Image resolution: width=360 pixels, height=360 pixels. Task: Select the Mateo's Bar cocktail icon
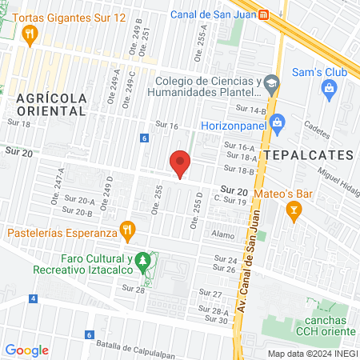[x=294, y=210]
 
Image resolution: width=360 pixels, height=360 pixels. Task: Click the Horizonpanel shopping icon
[x=278, y=123]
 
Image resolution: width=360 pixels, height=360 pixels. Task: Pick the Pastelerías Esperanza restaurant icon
[x=126, y=231]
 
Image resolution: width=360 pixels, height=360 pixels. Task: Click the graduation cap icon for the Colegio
[x=272, y=83]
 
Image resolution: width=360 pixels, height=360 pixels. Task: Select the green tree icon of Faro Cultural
[x=142, y=261]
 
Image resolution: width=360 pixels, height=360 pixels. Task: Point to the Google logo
[x=27, y=350]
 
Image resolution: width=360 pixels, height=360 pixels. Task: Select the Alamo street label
[x=223, y=235]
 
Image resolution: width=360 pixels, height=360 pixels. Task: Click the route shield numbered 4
[x=34, y=298]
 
